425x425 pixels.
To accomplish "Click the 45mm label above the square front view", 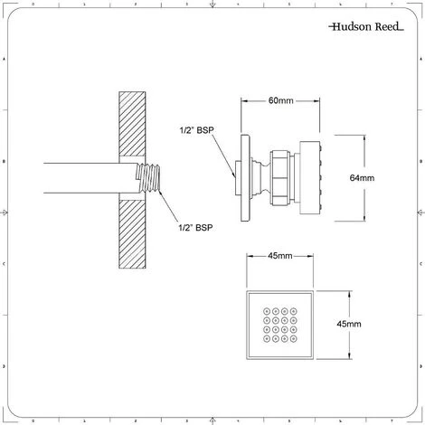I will [279, 257].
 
